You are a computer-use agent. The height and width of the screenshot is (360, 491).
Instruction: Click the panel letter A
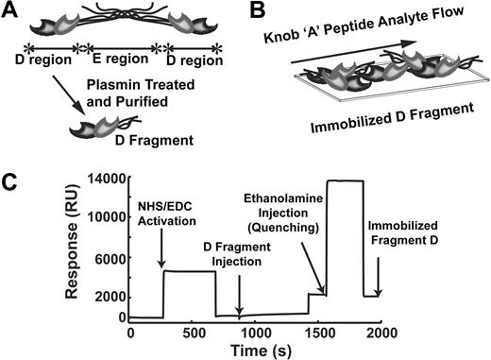pyautogui.click(x=12, y=11)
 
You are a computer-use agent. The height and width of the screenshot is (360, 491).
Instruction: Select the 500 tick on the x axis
pyautogui.click(x=193, y=333)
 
